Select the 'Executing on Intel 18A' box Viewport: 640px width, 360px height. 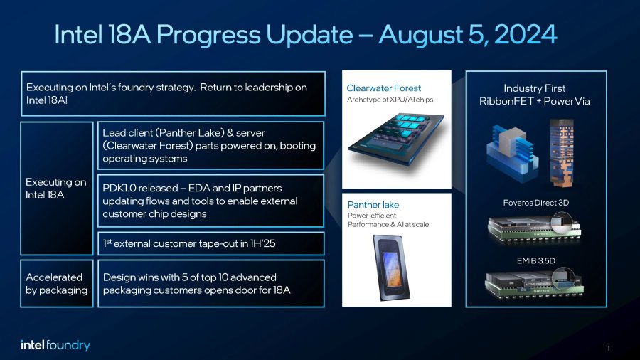pos(56,188)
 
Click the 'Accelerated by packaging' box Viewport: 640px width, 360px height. pos(56,283)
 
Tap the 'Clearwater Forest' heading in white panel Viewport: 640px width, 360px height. pos(384,88)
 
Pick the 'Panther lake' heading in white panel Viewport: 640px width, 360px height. pos(373,205)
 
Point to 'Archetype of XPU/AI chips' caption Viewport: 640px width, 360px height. pos(390,100)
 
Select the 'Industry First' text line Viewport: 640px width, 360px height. pos(535,88)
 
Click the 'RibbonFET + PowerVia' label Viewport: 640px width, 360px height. pos(535,102)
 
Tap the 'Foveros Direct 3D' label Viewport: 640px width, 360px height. pos(535,203)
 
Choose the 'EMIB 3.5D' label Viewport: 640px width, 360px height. pos(535,260)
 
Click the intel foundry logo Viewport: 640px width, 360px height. pos(55,345)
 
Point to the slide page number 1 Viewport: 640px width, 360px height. pos(609,348)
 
